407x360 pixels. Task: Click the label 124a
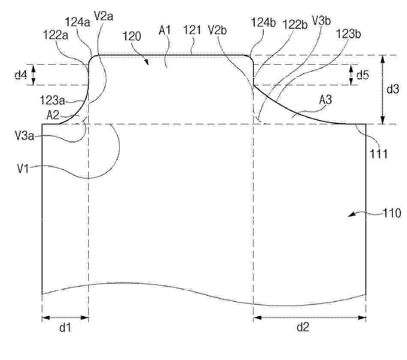(x=77, y=22)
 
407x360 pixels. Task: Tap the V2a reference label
(x=103, y=16)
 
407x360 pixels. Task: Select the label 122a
(x=55, y=35)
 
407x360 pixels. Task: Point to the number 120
(x=132, y=36)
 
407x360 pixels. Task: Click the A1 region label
(x=165, y=30)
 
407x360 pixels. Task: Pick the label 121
(x=192, y=30)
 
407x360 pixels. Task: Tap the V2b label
(x=217, y=30)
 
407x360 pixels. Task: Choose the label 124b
(x=263, y=23)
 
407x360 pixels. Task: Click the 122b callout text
(x=295, y=24)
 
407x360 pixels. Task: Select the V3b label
(x=321, y=21)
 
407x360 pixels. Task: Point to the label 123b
(x=348, y=34)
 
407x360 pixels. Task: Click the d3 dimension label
(x=393, y=89)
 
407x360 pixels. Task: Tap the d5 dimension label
(x=363, y=75)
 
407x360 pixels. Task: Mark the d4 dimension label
(x=21, y=75)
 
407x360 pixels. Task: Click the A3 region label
(x=326, y=100)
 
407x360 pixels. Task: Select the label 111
(x=378, y=154)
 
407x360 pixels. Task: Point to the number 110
(x=392, y=213)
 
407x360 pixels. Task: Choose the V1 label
(x=23, y=168)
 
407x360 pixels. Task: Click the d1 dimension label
(x=65, y=327)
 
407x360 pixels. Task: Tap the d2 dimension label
(x=303, y=327)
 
